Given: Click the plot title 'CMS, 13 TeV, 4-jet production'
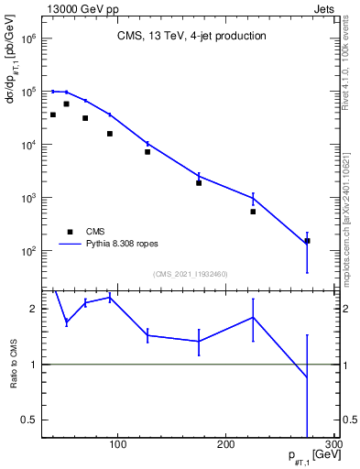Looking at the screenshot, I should point(191,37).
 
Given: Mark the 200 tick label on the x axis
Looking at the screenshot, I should point(225,444).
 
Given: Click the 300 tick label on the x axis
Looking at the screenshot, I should point(333,444).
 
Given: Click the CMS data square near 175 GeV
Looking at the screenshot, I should point(199,183).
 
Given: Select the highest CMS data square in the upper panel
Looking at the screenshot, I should point(66,104).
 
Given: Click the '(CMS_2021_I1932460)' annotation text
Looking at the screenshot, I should point(190,273).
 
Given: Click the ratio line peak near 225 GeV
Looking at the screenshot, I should point(253,317).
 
